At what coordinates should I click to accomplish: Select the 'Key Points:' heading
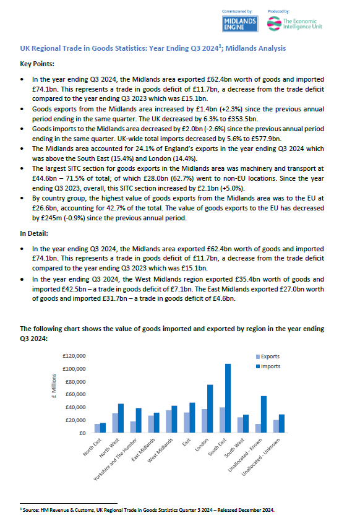point(38,64)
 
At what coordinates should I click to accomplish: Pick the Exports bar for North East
point(97,428)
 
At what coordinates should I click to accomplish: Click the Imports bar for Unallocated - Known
point(264,414)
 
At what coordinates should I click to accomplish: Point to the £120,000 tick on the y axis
point(74,356)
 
